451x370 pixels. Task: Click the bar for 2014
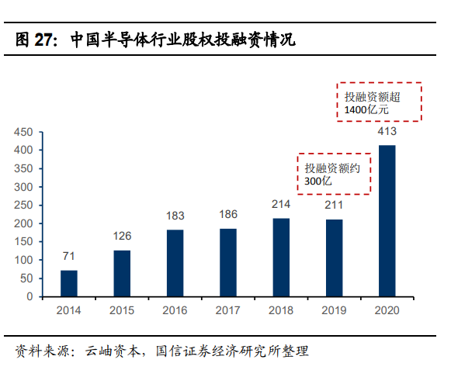tap(69, 283)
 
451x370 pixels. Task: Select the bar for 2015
tap(122, 273)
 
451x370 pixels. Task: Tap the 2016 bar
tap(175, 263)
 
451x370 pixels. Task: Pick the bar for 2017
tap(227, 262)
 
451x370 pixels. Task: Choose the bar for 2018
tap(281, 258)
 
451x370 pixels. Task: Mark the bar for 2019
tap(334, 258)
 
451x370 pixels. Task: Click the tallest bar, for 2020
tap(387, 221)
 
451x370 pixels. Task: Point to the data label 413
tap(387, 132)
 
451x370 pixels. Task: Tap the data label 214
tap(281, 206)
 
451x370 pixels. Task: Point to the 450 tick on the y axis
tap(23, 132)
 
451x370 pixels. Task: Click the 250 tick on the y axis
tap(23, 205)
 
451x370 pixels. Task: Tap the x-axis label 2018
tap(281, 310)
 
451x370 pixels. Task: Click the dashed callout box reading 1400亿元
tap(379, 102)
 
